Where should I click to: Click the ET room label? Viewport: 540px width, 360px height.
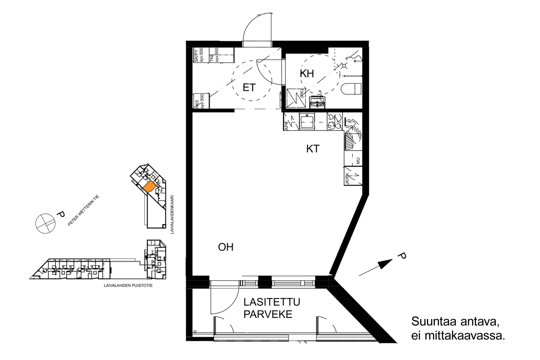(249, 87)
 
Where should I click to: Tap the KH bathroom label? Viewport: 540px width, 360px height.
(307, 74)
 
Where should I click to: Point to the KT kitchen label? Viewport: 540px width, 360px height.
(312, 149)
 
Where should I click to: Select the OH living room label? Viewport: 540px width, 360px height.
(226, 247)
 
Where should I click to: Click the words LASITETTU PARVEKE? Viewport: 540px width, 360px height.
(272, 308)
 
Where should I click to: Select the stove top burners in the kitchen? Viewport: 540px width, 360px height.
(335, 122)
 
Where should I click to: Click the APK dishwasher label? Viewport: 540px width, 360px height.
(287, 125)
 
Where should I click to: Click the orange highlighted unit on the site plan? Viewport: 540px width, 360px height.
(149, 186)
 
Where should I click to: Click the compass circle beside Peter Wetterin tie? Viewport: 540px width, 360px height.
(46, 224)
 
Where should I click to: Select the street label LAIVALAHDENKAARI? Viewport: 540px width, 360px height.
(172, 215)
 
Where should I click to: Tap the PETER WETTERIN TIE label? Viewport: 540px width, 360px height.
(83, 210)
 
